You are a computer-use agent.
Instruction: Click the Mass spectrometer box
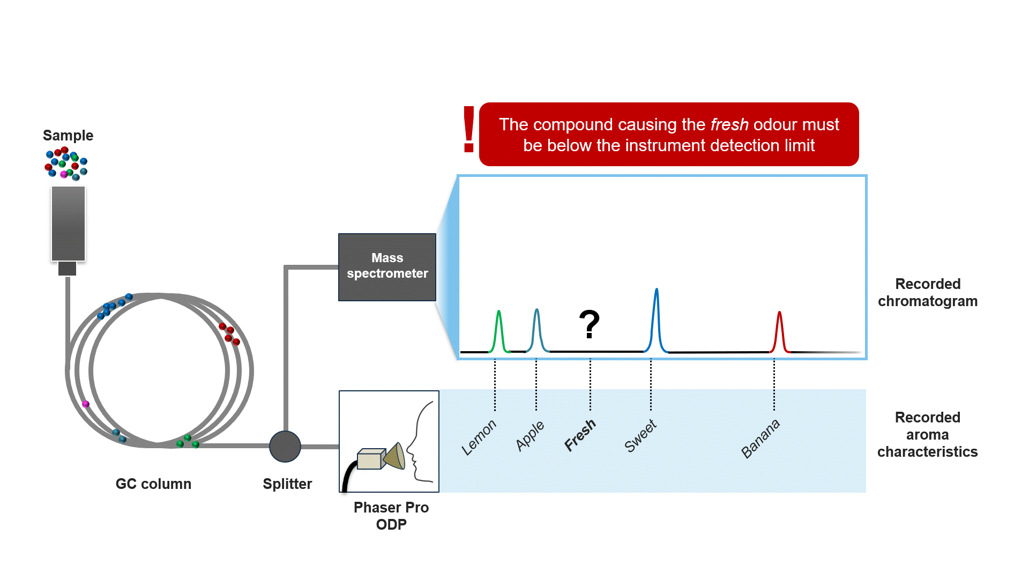point(387,266)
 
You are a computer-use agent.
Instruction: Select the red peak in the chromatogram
point(780,332)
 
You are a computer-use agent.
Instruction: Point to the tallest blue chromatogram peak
point(657,319)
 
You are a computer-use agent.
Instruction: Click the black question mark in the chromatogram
point(589,324)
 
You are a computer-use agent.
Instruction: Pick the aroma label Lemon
point(479,437)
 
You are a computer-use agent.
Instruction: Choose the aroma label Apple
point(530,435)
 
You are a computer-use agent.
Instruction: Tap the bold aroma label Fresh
point(580,435)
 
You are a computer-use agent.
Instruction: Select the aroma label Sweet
point(640,435)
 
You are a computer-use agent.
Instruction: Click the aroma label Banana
point(760,439)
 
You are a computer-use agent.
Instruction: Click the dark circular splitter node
point(285,446)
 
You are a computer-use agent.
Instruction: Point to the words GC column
point(153,484)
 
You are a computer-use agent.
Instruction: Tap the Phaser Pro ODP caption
point(391,516)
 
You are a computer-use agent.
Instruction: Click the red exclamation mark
point(469,129)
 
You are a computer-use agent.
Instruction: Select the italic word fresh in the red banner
point(729,124)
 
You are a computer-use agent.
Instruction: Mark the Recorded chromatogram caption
point(927,292)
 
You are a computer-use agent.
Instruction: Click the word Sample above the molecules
point(68,135)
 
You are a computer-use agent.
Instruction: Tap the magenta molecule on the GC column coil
point(85,404)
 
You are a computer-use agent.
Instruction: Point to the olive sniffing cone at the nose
point(395,456)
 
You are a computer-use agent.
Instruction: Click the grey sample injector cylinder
point(68,224)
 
